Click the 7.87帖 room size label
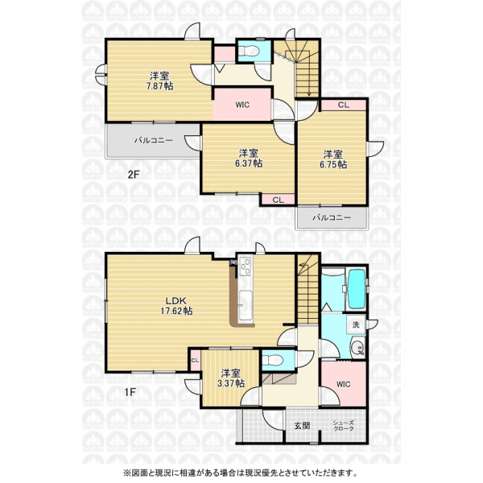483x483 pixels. (159, 85)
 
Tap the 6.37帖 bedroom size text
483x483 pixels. (249, 163)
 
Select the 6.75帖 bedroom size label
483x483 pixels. (333, 164)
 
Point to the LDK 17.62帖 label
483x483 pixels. (176, 306)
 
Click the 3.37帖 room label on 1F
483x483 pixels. (231, 383)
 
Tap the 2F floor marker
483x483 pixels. (134, 175)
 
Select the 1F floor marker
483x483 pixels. (130, 392)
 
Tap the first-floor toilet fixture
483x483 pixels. (274, 359)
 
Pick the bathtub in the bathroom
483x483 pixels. (357, 289)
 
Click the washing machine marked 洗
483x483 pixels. (356, 324)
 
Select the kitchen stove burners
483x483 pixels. (246, 266)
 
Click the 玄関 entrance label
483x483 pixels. (302, 426)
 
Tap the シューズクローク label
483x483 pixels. (343, 425)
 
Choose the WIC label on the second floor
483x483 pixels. (242, 105)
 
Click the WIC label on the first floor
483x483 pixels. (343, 384)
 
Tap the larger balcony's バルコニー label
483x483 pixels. (154, 140)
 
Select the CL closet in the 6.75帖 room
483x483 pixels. (344, 105)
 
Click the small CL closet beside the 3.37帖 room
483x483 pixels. (195, 361)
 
